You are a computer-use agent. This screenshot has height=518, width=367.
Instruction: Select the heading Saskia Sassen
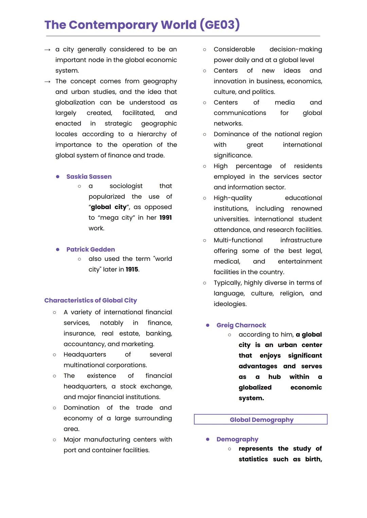(x=89, y=177)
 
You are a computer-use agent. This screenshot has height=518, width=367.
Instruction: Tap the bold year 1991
(x=165, y=217)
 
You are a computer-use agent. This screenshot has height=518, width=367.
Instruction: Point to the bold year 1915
(x=132, y=269)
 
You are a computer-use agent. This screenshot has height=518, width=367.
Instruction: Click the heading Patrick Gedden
(x=90, y=249)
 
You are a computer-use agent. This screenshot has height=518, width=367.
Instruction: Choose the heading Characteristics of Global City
(x=90, y=300)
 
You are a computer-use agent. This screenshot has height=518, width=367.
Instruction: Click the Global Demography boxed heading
(x=261, y=419)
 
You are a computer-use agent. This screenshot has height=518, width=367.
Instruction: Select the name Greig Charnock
(x=241, y=325)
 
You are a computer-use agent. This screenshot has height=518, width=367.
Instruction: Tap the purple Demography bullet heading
(x=237, y=439)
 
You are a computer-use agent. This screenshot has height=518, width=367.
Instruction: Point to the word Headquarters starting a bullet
(x=85, y=354)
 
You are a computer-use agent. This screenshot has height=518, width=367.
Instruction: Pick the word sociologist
(x=126, y=186)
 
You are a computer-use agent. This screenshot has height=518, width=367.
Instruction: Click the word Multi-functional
(x=238, y=240)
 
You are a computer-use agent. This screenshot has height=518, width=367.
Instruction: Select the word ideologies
(x=230, y=304)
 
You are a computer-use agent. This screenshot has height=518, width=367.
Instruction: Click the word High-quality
(x=233, y=198)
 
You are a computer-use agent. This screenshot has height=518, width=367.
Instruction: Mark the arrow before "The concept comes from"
(x=48, y=82)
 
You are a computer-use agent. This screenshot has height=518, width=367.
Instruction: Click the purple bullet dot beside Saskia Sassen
(x=58, y=177)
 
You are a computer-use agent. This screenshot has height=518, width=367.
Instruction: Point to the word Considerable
(x=234, y=49)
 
